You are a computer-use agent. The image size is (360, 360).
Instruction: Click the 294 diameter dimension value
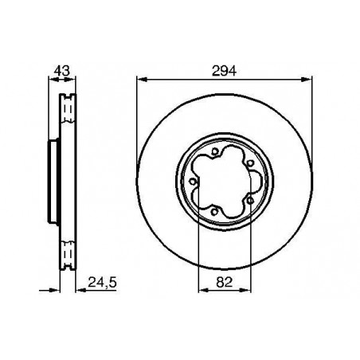coord(223,69)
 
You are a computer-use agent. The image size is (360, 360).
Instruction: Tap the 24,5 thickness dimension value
coord(96,280)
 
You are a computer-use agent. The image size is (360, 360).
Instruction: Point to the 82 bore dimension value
coord(223,280)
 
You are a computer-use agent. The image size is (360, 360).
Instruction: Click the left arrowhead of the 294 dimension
coord(140,78)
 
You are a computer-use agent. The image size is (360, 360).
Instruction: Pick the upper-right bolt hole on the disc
coord(250,163)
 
